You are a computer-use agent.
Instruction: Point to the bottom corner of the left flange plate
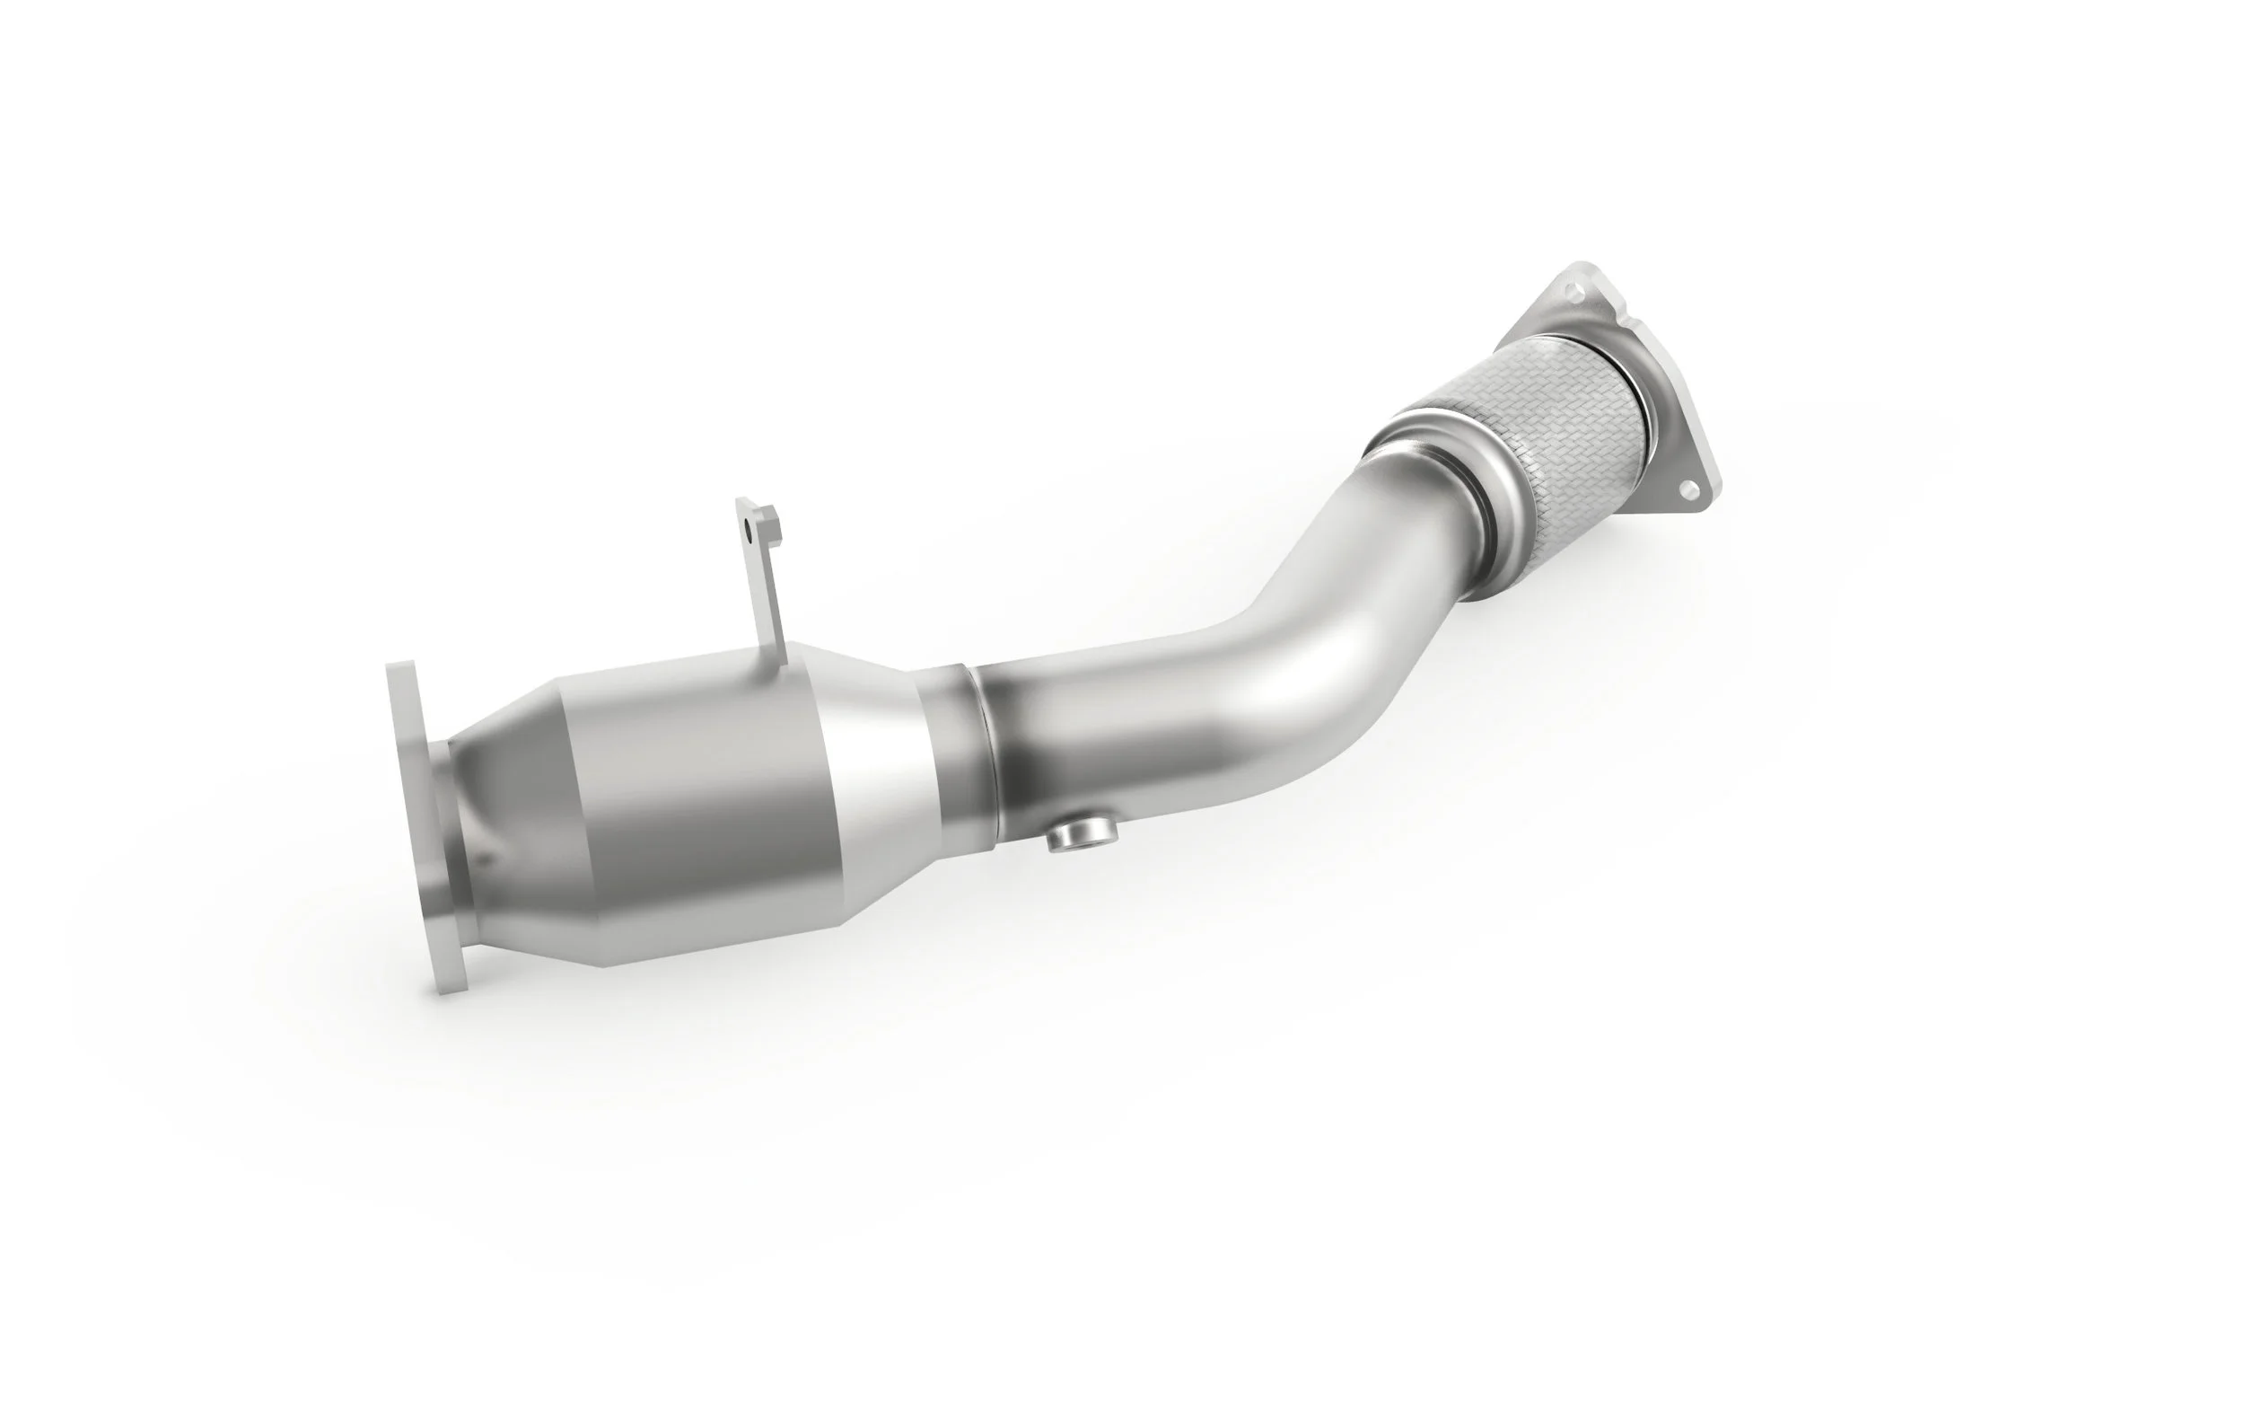tap(447, 988)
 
